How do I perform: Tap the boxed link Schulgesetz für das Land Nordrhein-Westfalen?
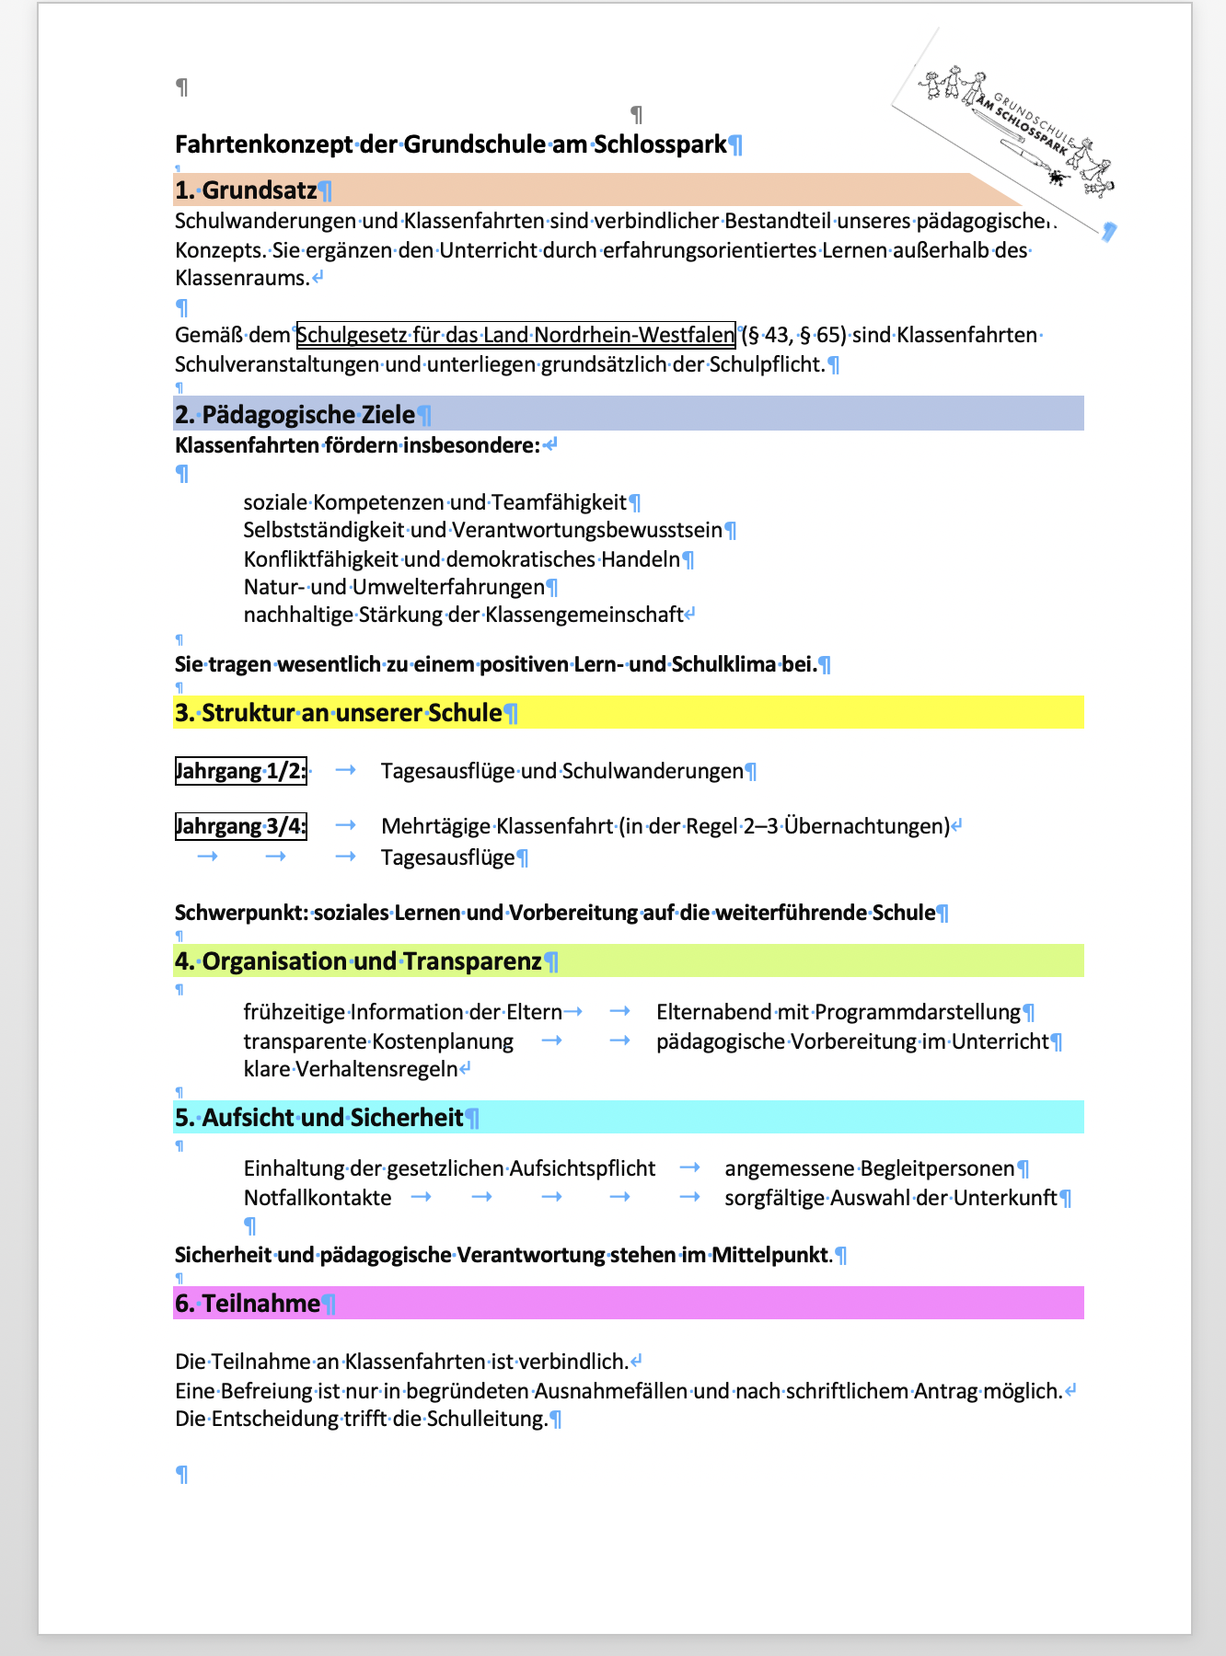pyautogui.click(x=515, y=335)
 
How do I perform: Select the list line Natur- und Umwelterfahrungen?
pyautogui.click(x=394, y=587)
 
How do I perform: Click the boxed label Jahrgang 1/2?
pyautogui.click(x=240, y=771)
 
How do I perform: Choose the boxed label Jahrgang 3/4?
pyautogui.click(x=240, y=826)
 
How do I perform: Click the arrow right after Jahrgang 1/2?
pyautogui.click(x=346, y=770)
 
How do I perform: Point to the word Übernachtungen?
pyautogui.click(x=866, y=826)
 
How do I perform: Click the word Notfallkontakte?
pyautogui.click(x=318, y=1198)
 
